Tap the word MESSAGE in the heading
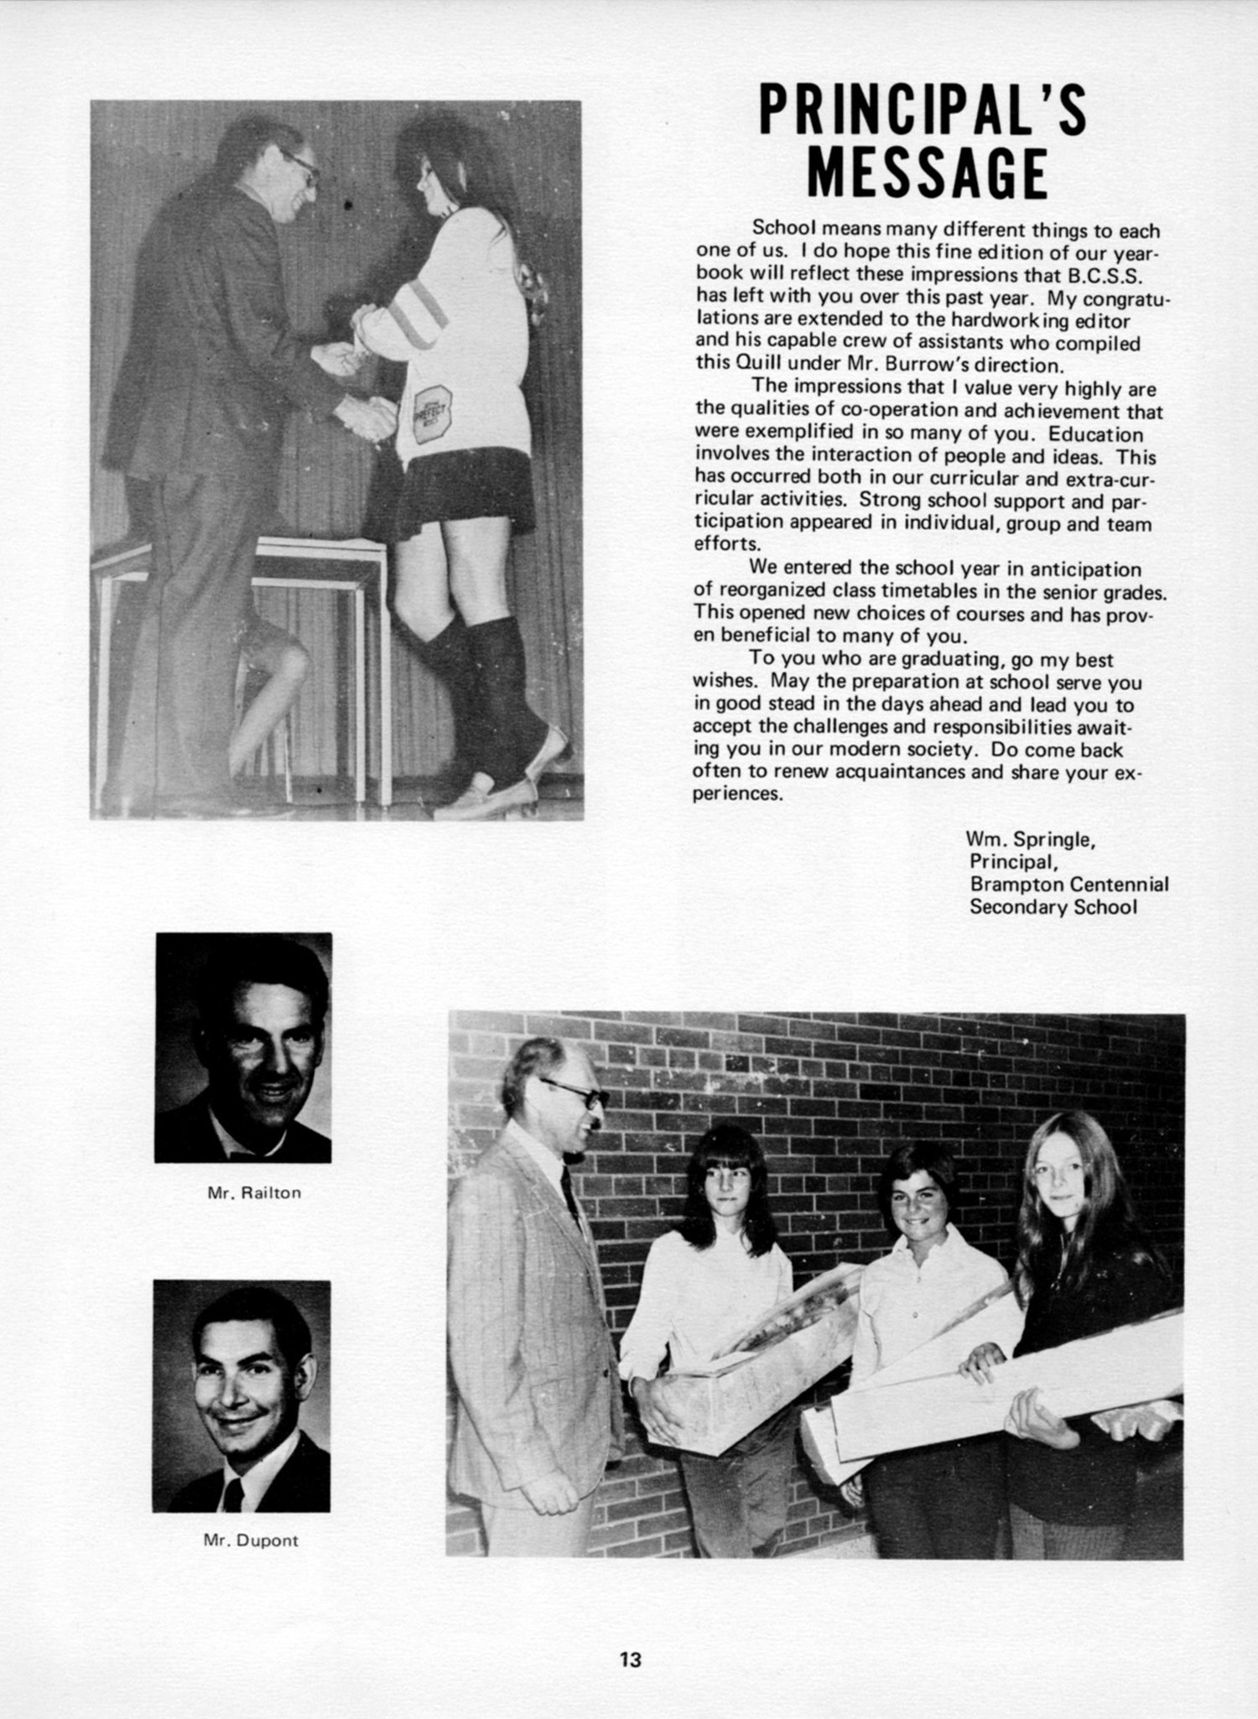(926, 174)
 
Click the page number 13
(630, 1659)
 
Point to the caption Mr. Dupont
(251, 1541)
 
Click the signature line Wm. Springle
(1032, 838)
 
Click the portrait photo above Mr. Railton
(243, 1047)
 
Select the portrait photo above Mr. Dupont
(242, 1395)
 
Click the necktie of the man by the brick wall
(571, 1192)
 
